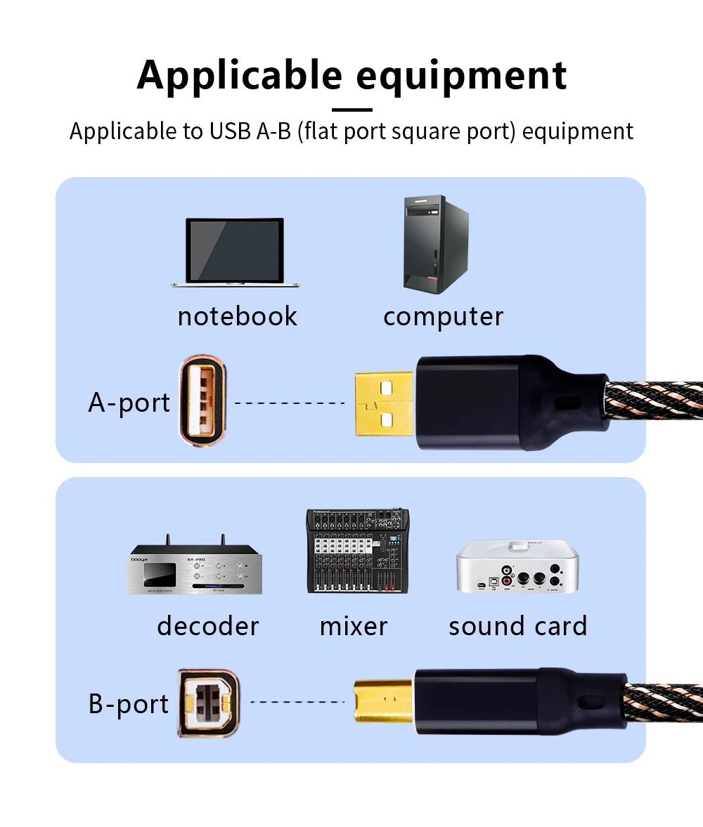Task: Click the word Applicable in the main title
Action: click(238, 76)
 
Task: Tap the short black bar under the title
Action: click(351, 110)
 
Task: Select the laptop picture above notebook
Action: click(236, 252)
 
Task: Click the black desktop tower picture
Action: click(434, 244)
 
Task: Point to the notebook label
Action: click(237, 316)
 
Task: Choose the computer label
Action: click(443, 316)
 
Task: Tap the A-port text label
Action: click(129, 403)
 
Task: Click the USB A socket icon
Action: click(204, 402)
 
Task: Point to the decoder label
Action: click(207, 626)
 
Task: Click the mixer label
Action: click(353, 626)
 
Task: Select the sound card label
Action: click(517, 626)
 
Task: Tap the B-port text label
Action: click(129, 704)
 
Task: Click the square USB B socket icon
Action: click(209, 703)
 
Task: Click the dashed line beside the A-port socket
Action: click(289, 403)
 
